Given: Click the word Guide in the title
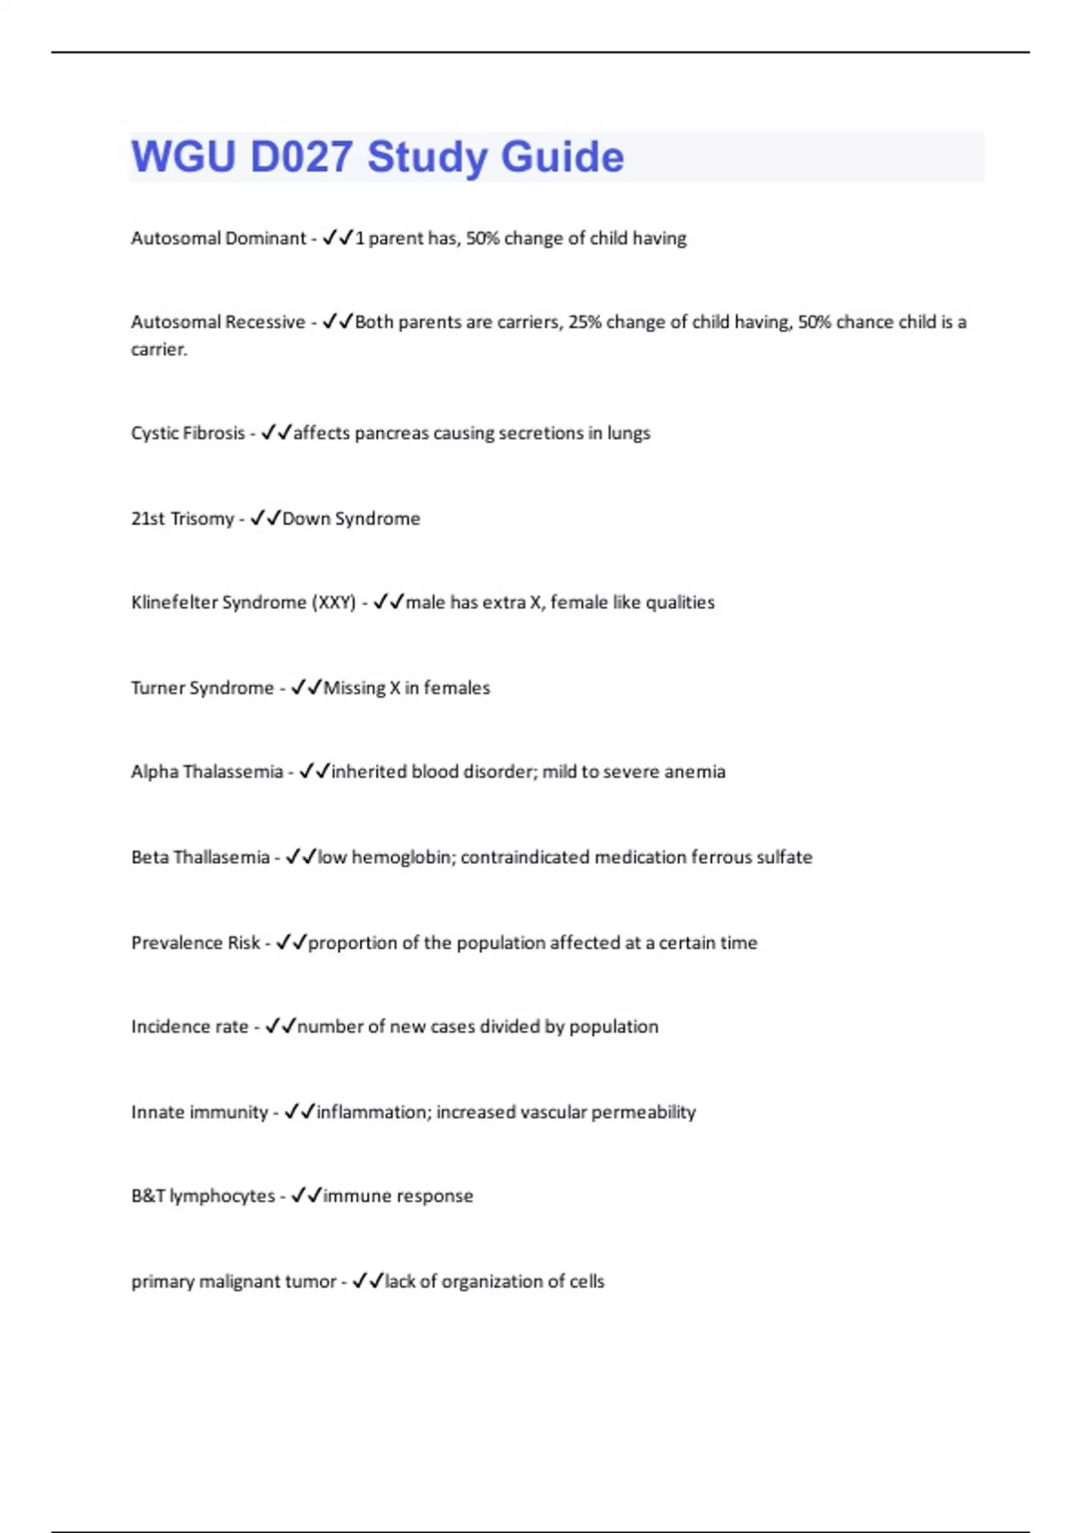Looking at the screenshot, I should coord(562,157).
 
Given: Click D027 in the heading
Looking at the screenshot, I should coord(301,157).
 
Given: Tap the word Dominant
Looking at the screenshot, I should coord(265,238).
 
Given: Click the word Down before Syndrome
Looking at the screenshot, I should coord(306,519).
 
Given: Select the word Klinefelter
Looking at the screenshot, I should coord(173,602).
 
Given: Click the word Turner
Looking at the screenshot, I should coord(158,688).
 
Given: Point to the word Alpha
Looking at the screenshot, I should coord(154,772).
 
